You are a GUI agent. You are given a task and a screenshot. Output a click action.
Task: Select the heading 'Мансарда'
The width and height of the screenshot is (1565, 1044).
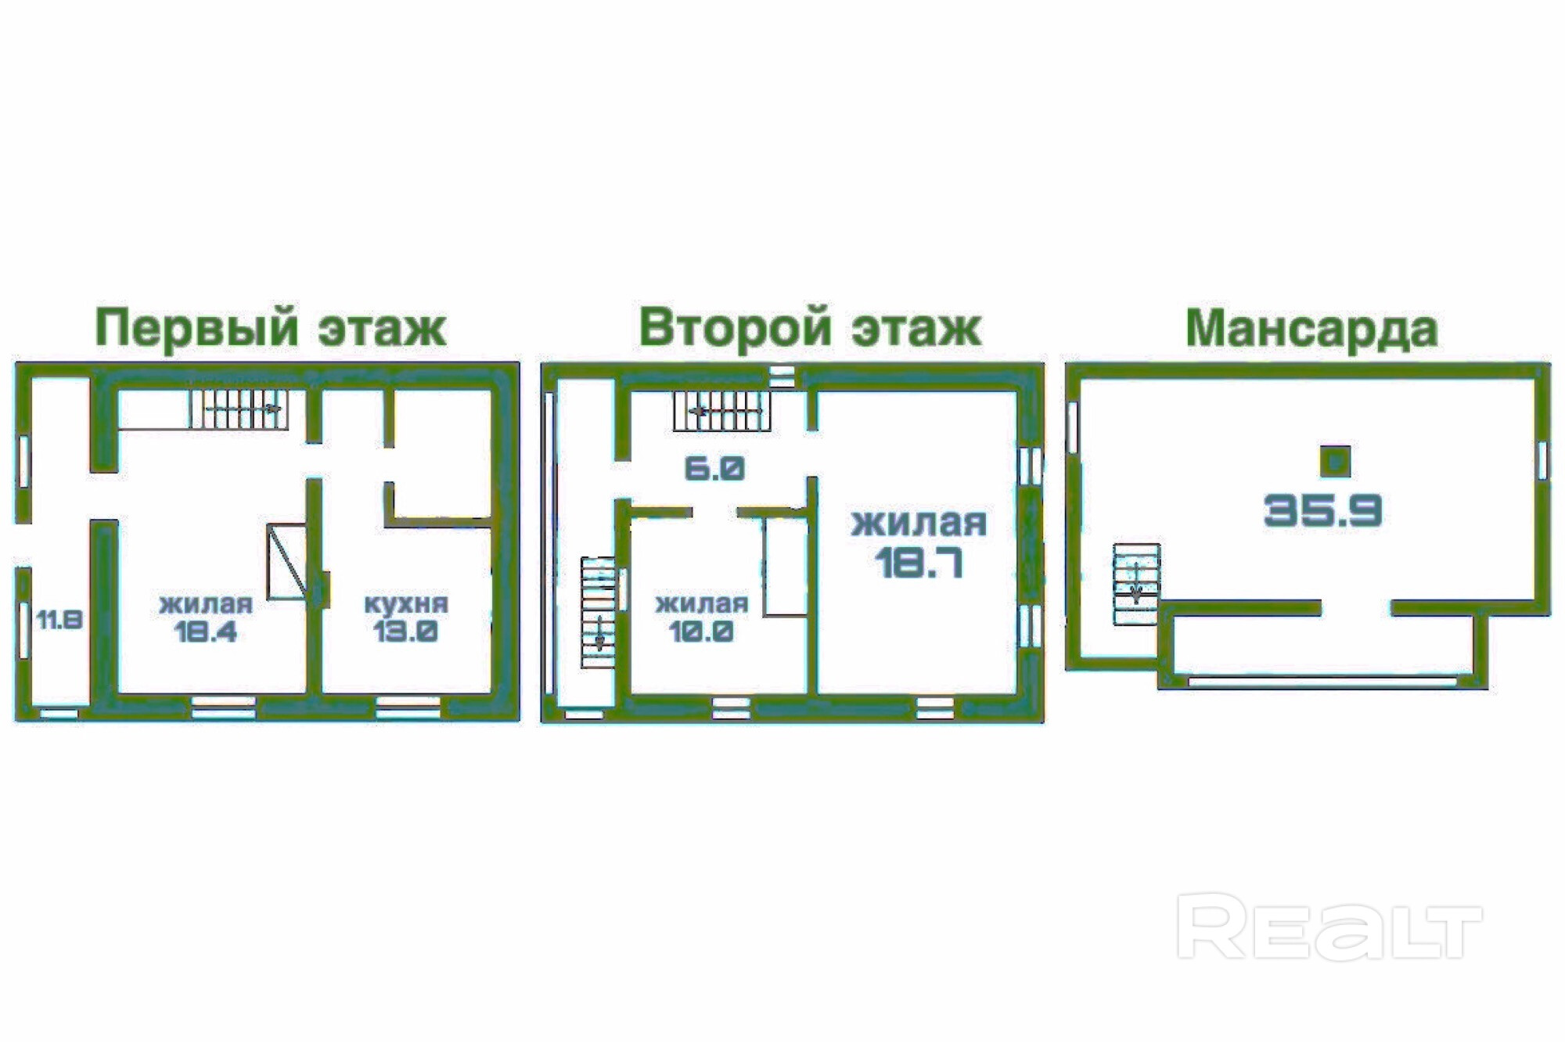(1312, 329)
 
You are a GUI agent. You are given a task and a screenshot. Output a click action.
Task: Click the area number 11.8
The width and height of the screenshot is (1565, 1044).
(59, 621)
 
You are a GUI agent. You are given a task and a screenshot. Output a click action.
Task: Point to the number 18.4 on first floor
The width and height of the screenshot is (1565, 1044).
(206, 632)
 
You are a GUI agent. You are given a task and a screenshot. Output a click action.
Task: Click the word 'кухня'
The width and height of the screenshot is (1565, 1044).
(406, 603)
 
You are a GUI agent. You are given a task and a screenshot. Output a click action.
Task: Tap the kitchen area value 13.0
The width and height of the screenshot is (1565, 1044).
(405, 631)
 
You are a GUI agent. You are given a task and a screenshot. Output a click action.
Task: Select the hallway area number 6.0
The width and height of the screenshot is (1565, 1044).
(714, 469)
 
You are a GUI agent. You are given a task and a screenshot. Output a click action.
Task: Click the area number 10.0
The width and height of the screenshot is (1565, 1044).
(702, 631)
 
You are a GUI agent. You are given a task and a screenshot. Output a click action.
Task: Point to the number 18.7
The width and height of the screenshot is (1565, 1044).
(919, 562)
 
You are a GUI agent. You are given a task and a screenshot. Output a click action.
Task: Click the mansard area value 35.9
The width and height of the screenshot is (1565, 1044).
(1323, 511)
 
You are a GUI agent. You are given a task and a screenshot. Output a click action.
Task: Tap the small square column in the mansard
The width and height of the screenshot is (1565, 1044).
(1335, 462)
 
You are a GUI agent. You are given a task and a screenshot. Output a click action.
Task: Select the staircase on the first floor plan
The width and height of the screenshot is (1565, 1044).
(239, 409)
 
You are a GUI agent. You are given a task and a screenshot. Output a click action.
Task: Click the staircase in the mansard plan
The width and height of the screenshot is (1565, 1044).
(1136, 584)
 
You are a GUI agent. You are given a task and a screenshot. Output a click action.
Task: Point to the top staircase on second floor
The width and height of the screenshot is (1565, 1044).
(721, 411)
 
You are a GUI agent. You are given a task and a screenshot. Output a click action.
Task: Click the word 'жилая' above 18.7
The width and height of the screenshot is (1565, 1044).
(919, 524)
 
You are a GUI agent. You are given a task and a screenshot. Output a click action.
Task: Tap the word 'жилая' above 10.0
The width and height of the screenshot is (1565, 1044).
(702, 603)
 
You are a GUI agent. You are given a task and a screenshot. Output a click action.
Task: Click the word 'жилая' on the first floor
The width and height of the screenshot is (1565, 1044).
(206, 604)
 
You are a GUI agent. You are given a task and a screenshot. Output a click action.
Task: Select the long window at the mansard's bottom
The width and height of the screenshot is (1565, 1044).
(1322, 682)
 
